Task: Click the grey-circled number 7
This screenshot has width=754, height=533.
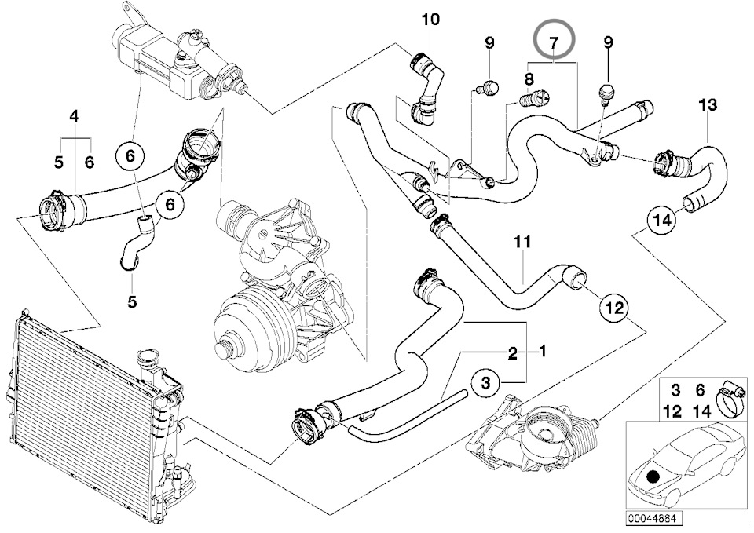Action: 554,40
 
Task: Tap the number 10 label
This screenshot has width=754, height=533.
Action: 431,19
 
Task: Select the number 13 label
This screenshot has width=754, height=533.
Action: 708,104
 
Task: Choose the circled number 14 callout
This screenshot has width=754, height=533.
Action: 662,221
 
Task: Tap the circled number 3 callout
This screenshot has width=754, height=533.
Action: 486,383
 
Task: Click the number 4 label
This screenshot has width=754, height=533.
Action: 75,117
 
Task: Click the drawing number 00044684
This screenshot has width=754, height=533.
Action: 653,519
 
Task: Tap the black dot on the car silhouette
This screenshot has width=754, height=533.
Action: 653,473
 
